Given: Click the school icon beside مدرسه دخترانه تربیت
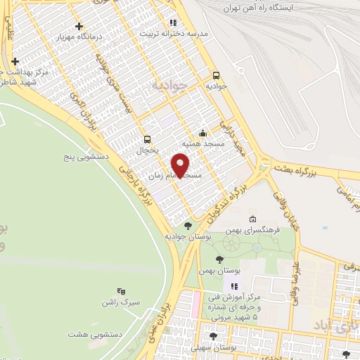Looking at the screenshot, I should tap(173, 22).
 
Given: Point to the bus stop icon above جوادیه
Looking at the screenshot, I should tap(215, 75).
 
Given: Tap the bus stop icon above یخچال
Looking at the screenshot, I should tap(147, 139).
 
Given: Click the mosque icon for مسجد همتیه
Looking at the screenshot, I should tap(202, 132).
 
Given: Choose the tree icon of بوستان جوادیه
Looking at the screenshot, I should tap(187, 226).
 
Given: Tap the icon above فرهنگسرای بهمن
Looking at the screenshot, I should tap(252, 219).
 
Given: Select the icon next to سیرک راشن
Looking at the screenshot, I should tap(120, 291).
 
